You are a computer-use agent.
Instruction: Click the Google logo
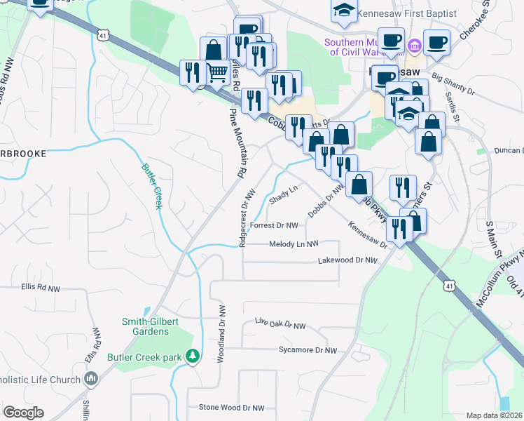point(23,413)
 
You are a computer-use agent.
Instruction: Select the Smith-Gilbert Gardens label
point(139,326)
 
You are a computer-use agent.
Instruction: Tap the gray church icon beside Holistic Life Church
point(90,380)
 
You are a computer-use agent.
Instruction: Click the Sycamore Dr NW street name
point(308,350)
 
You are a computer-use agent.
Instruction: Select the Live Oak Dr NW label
point(280,326)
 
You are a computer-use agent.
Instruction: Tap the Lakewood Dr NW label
point(347,260)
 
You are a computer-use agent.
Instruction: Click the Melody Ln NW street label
point(294,244)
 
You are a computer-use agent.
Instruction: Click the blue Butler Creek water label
point(152,187)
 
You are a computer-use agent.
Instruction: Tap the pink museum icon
point(415,46)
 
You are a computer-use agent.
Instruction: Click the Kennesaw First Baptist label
point(406,13)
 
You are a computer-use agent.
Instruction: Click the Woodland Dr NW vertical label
point(221,333)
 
